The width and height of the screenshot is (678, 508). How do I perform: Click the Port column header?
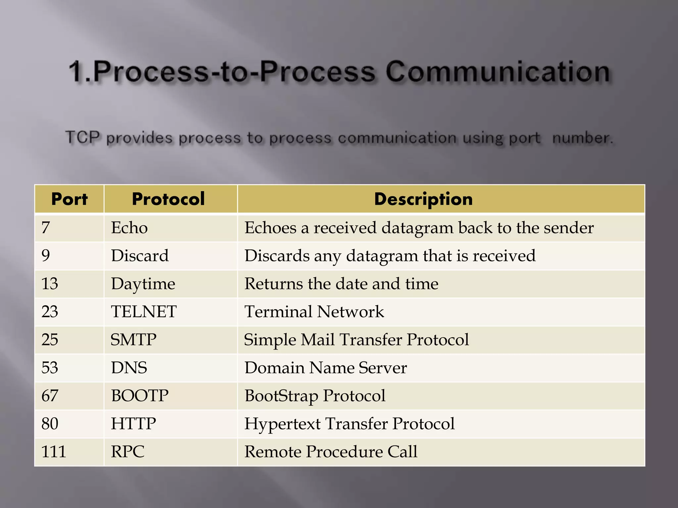point(70,199)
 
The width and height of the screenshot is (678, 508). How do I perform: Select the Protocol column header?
point(169,199)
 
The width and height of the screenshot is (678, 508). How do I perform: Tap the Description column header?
point(423,199)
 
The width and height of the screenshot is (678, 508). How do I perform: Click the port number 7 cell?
point(46,228)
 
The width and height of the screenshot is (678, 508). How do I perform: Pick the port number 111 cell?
point(54,452)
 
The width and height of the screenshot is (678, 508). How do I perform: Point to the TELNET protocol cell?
point(144,312)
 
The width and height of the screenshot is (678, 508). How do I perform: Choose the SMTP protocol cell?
point(133,340)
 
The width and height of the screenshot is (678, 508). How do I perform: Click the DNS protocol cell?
point(129,368)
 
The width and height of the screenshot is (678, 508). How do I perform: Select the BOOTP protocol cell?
point(140,396)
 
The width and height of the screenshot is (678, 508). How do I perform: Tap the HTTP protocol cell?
point(133,424)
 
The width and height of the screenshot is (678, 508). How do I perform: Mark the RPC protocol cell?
point(128,452)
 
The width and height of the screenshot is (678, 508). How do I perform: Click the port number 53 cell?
point(50,368)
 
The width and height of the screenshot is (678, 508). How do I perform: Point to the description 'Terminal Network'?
point(314,312)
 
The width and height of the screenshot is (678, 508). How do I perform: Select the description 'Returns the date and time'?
point(341,284)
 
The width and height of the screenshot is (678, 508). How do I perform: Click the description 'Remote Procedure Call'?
point(331,452)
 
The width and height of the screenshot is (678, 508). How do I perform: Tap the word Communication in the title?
point(498,72)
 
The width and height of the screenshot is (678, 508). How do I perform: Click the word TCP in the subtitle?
point(82,137)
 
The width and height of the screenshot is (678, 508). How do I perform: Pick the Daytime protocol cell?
point(143,284)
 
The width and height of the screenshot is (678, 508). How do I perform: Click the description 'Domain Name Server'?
point(326,368)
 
